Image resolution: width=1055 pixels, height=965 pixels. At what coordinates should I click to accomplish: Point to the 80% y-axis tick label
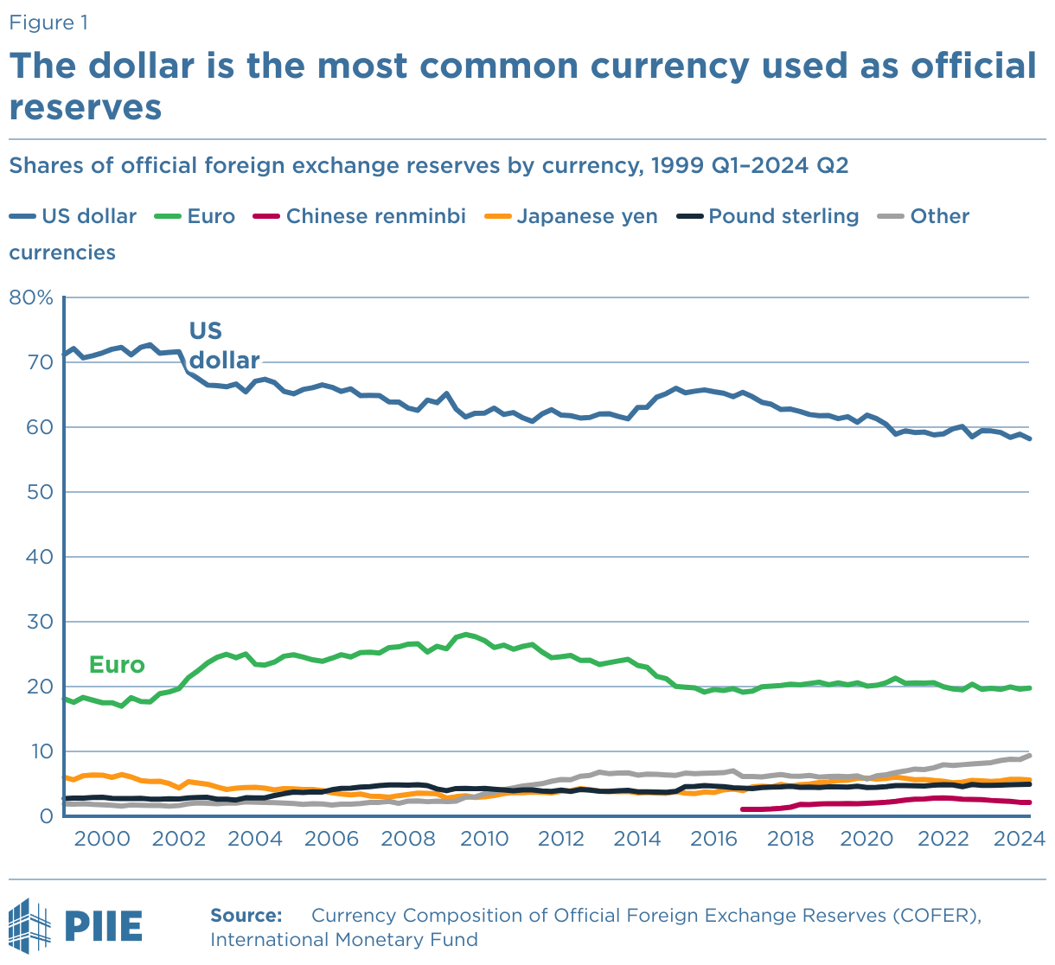(31, 298)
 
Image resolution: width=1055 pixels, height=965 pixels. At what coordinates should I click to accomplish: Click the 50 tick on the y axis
(40, 492)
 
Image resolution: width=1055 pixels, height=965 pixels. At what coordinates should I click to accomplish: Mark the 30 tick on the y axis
(40, 622)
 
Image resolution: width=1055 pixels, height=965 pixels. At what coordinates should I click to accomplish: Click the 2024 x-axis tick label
(1021, 838)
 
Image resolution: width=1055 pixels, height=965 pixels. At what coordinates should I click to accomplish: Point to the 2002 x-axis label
(178, 838)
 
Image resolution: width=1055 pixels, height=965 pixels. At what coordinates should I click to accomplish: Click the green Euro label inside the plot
(117, 665)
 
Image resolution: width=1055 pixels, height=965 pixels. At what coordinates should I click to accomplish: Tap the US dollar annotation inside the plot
(224, 346)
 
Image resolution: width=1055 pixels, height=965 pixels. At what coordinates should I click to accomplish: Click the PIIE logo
(75, 925)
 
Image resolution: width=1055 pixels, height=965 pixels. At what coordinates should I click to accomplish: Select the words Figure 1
(48, 22)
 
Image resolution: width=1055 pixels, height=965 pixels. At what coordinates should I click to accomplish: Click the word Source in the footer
(246, 916)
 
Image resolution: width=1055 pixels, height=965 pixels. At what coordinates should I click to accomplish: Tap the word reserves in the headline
(86, 107)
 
